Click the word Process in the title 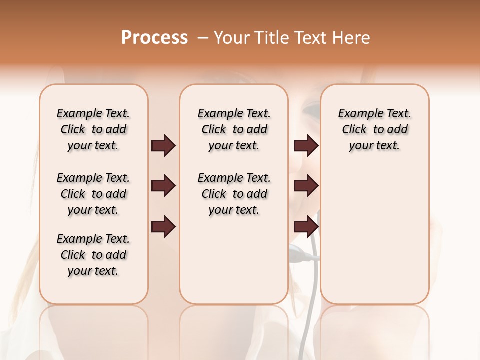pos(154,38)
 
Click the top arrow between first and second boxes pos(163,146)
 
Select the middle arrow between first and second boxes pos(163,186)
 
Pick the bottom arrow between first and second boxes pos(163,226)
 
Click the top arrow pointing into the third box pos(306,146)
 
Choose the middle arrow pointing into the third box pos(306,186)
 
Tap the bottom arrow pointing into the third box pos(306,226)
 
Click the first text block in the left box pos(93,129)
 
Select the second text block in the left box pos(93,194)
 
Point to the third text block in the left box pos(93,255)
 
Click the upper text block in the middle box pos(234,129)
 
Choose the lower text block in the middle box pos(234,194)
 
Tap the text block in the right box pos(374,129)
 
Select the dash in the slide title pos(203,38)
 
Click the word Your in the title pos(230,38)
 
